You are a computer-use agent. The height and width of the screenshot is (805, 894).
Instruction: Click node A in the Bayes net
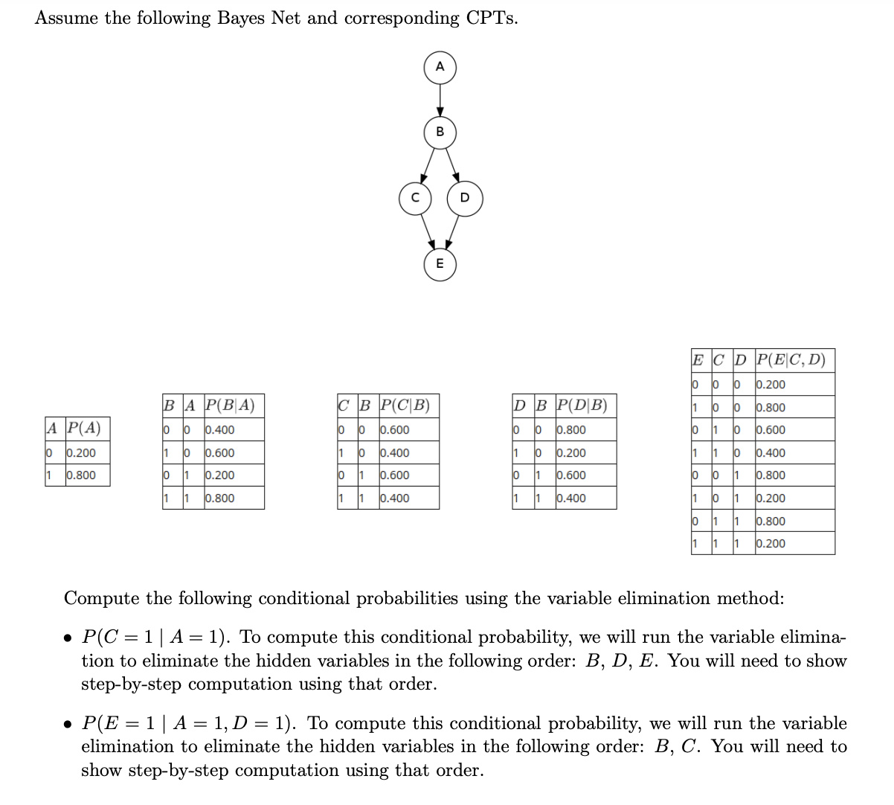(x=440, y=67)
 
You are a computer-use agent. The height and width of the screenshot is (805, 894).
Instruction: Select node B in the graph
(x=440, y=132)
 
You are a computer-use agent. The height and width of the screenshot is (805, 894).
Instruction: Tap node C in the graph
(x=415, y=198)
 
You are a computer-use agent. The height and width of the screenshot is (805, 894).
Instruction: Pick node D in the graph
(x=465, y=198)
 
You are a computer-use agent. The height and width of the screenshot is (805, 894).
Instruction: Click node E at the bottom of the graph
(x=440, y=264)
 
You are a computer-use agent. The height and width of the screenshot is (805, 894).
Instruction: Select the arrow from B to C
(x=428, y=164)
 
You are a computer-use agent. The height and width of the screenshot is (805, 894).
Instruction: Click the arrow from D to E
(x=454, y=231)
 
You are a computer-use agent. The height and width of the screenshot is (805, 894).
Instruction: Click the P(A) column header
(x=84, y=429)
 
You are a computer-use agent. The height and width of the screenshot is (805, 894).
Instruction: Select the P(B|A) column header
(x=230, y=405)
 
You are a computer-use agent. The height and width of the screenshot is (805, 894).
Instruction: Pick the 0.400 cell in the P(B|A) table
(x=220, y=430)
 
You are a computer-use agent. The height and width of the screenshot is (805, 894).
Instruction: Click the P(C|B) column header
(x=405, y=405)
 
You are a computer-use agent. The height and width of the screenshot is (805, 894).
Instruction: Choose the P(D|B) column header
(x=582, y=405)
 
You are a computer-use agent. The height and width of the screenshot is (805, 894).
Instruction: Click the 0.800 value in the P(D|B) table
(x=571, y=430)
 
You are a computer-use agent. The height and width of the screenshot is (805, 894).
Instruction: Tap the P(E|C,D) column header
(x=791, y=360)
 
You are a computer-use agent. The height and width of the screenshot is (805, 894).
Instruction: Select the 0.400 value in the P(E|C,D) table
(x=771, y=452)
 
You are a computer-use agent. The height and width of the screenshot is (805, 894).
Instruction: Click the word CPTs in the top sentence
(x=491, y=18)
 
